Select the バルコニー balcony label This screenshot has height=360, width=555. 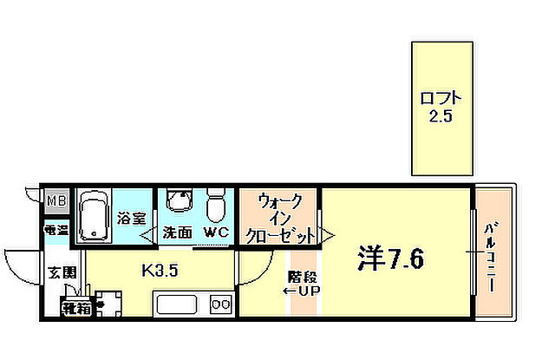tap(490, 258)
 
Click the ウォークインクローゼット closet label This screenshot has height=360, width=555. tap(279, 218)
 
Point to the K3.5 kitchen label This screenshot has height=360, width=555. tap(160, 269)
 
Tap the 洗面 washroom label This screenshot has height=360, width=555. tap(178, 232)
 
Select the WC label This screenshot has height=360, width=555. tap(215, 232)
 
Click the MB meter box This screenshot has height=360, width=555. tap(56, 202)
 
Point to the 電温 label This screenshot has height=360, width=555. tap(56, 231)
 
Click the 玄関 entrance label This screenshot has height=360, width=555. tap(58, 270)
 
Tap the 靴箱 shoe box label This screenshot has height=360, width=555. tap(75, 306)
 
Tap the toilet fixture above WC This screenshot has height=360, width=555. tap(216, 206)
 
